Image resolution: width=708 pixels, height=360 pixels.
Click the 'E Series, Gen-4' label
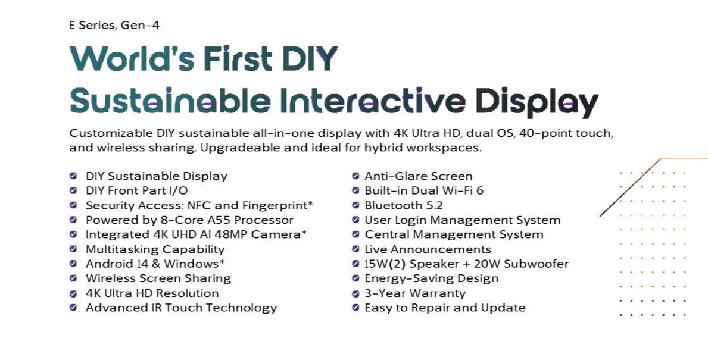(114, 26)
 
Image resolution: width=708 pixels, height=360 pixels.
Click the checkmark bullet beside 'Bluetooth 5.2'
(355, 205)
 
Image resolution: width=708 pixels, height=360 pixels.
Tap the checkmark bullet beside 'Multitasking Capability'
(73, 249)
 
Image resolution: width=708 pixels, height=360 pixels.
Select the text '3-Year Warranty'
(415, 293)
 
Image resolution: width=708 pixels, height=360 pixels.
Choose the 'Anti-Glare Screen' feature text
(419, 176)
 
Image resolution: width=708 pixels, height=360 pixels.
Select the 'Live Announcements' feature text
(428, 249)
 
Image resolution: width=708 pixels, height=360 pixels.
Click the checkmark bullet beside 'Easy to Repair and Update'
(355, 308)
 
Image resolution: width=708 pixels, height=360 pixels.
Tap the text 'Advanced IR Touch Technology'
(181, 308)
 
